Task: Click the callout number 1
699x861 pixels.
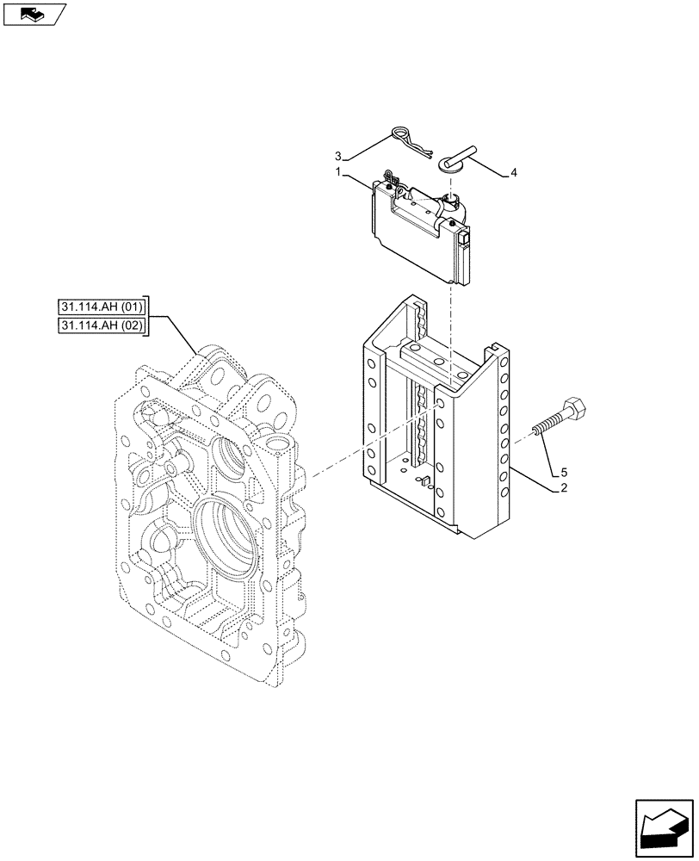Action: click(341, 173)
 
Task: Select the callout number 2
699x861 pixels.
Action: click(563, 488)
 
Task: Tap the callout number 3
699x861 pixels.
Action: click(339, 157)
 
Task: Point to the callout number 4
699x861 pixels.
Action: click(514, 174)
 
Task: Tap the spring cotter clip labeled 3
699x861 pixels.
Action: click(405, 140)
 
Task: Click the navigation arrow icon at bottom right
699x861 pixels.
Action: click(664, 827)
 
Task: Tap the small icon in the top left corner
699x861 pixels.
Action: click(34, 14)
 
